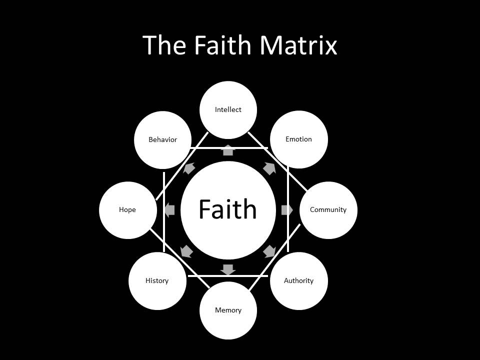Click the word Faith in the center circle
coord(227,209)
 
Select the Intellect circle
coord(228,109)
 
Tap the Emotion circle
coord(298,139)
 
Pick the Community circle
coord(328,209)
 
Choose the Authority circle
coord(298,280)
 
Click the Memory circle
coord(228,310)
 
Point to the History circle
coord(157,280)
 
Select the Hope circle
coord(127,209)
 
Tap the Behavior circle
coord(163,139)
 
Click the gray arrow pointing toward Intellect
coord(228,150)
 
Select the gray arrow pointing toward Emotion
coord(269,168)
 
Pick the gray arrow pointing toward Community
coord(287,210)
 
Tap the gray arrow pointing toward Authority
coord(269,251)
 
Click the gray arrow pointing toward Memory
coord(228,269)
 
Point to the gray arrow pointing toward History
coord(187,251)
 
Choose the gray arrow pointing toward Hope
coord(169,210)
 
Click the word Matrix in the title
coord(298,45)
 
